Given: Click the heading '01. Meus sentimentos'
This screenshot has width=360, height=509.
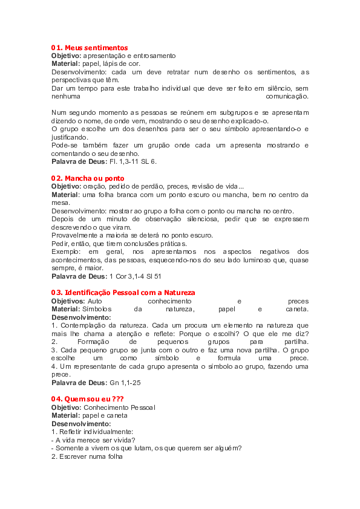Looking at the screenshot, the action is coord(89,47).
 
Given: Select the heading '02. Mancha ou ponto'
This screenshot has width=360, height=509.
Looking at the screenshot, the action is coord(87,178).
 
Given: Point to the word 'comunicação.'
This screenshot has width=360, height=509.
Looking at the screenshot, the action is coord(287,96).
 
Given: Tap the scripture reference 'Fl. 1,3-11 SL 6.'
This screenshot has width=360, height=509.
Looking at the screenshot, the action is coord(133,161).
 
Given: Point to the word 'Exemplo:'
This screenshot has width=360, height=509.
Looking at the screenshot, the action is coord(65,251).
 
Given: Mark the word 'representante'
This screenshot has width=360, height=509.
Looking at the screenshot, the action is coord(95,366).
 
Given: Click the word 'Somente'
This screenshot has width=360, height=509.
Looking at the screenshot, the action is coord(69,448).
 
